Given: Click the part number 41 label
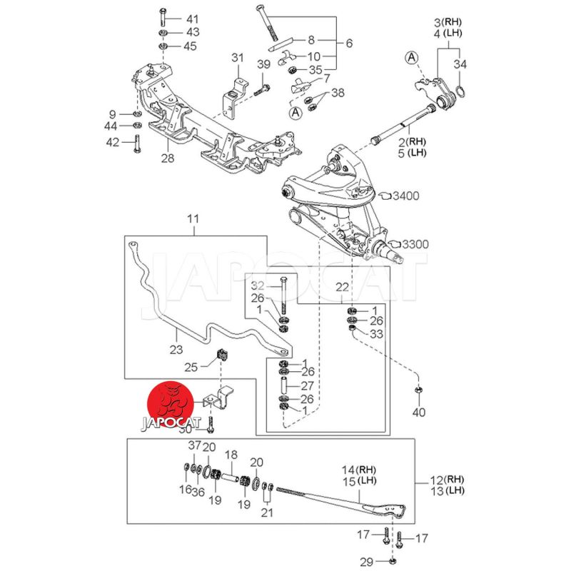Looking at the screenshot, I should (x=172, y=18).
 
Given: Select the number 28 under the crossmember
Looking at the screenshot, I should (x=167, y=158).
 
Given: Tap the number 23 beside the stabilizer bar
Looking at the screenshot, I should (x=176, y=349).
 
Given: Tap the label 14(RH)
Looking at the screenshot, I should (x=359, y=470).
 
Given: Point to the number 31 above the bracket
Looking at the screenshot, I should (x=237, y=58).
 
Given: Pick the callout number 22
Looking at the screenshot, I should (x=343, y=286).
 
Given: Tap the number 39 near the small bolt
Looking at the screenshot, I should (x=263, y=66).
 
